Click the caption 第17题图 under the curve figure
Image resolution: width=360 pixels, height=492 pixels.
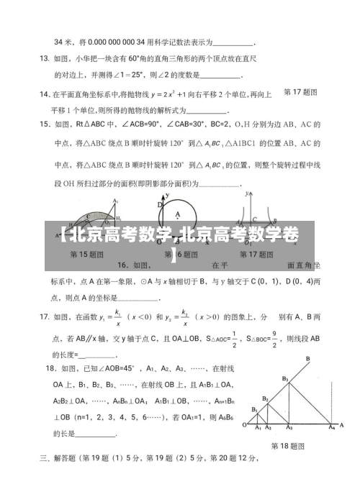257,255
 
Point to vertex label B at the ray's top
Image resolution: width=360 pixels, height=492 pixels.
308,358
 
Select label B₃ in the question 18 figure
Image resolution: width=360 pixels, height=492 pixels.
285,379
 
